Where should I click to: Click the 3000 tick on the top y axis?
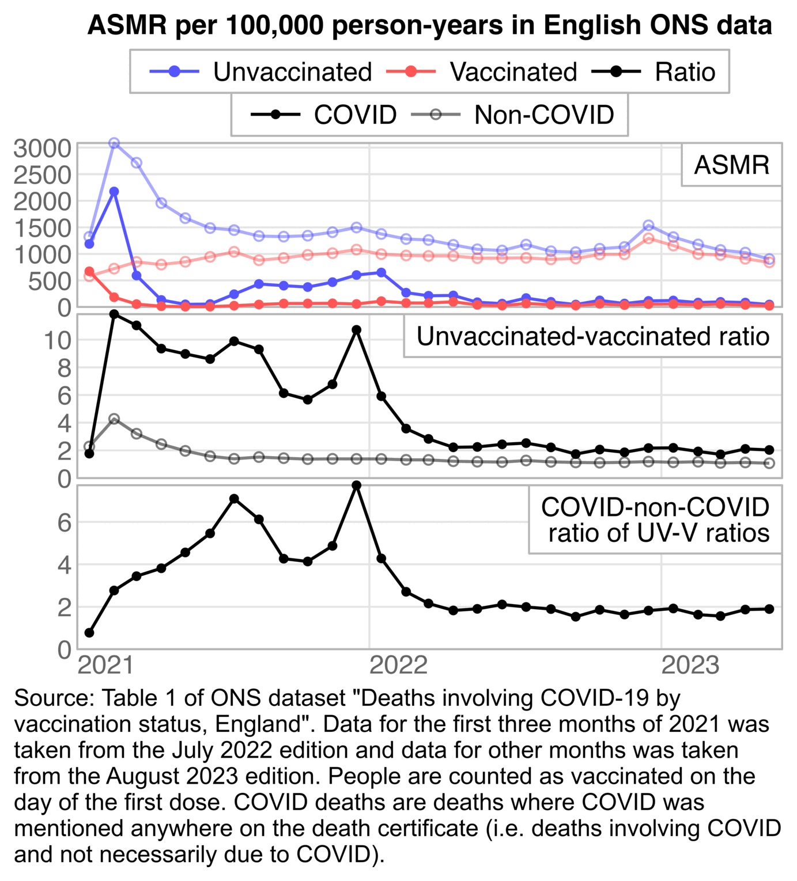tap(42, 149)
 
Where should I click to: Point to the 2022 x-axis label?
tap(398, 666)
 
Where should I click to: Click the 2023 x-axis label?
tap(690, 666)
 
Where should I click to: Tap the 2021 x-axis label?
tap(105, 666)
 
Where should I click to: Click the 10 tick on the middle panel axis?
tap(56, 340)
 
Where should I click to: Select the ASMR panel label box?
tap(731, 165)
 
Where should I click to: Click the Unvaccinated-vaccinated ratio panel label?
tap(592, 336)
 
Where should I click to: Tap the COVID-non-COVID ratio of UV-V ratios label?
tap(655, 520)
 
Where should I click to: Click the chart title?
tap(429, 25)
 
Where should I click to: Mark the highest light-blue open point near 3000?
tap(114, 143)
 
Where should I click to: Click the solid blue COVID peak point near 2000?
tap(114, 192)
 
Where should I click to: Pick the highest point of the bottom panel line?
tap(357, 485)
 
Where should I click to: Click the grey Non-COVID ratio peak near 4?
tap(114, 419)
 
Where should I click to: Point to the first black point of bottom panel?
tap(89, 633)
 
